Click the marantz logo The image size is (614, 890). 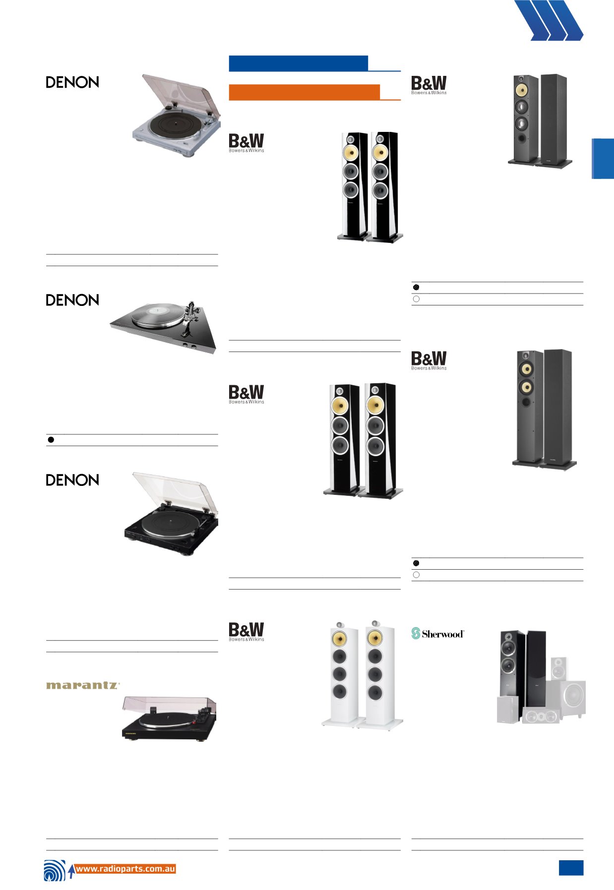pyautogui.click(x=83, y=685)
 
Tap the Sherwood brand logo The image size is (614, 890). pyautogui.click(x=438, y=634)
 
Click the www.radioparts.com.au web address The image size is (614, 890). pyautogui.click(x=125, y=869)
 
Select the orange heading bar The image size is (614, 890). pyautogui.click(x=304, y=92)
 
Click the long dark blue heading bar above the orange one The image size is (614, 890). pyautogui.click(x=298, y=63)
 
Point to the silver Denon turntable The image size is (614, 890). pyautogui.click(x=177, y=115)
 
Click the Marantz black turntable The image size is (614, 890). pyautogui.click(x=170, y=719)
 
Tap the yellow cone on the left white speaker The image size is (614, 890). pyautogui.click(x=339, y=638)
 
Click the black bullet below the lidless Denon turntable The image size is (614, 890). pyautogui.click(x=51, y=440)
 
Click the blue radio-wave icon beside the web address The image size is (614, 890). pyautogui.click(x=55, y=871)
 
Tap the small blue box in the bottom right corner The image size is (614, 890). pyautogui.click(x=571, y=868)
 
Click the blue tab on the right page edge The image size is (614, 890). pyautogui.click(x=603, y=158)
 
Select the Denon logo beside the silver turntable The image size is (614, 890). pyautogui.click(x=72, y=82)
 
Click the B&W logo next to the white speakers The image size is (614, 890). pyautogui.click(x=246, y=632)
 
